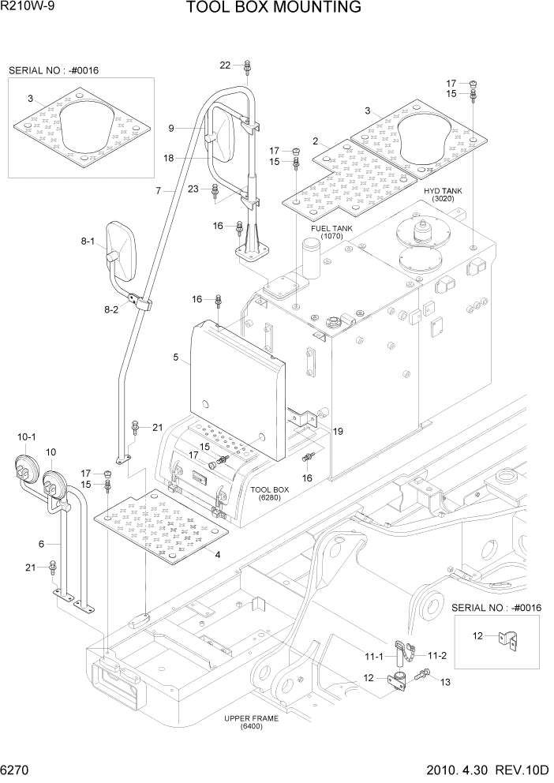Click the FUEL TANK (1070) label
(331, 232)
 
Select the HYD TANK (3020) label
(443, 195)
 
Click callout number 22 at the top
(225, 65)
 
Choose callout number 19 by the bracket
(338, 431)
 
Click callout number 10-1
(26, 436)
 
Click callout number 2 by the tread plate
(315, 141)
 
